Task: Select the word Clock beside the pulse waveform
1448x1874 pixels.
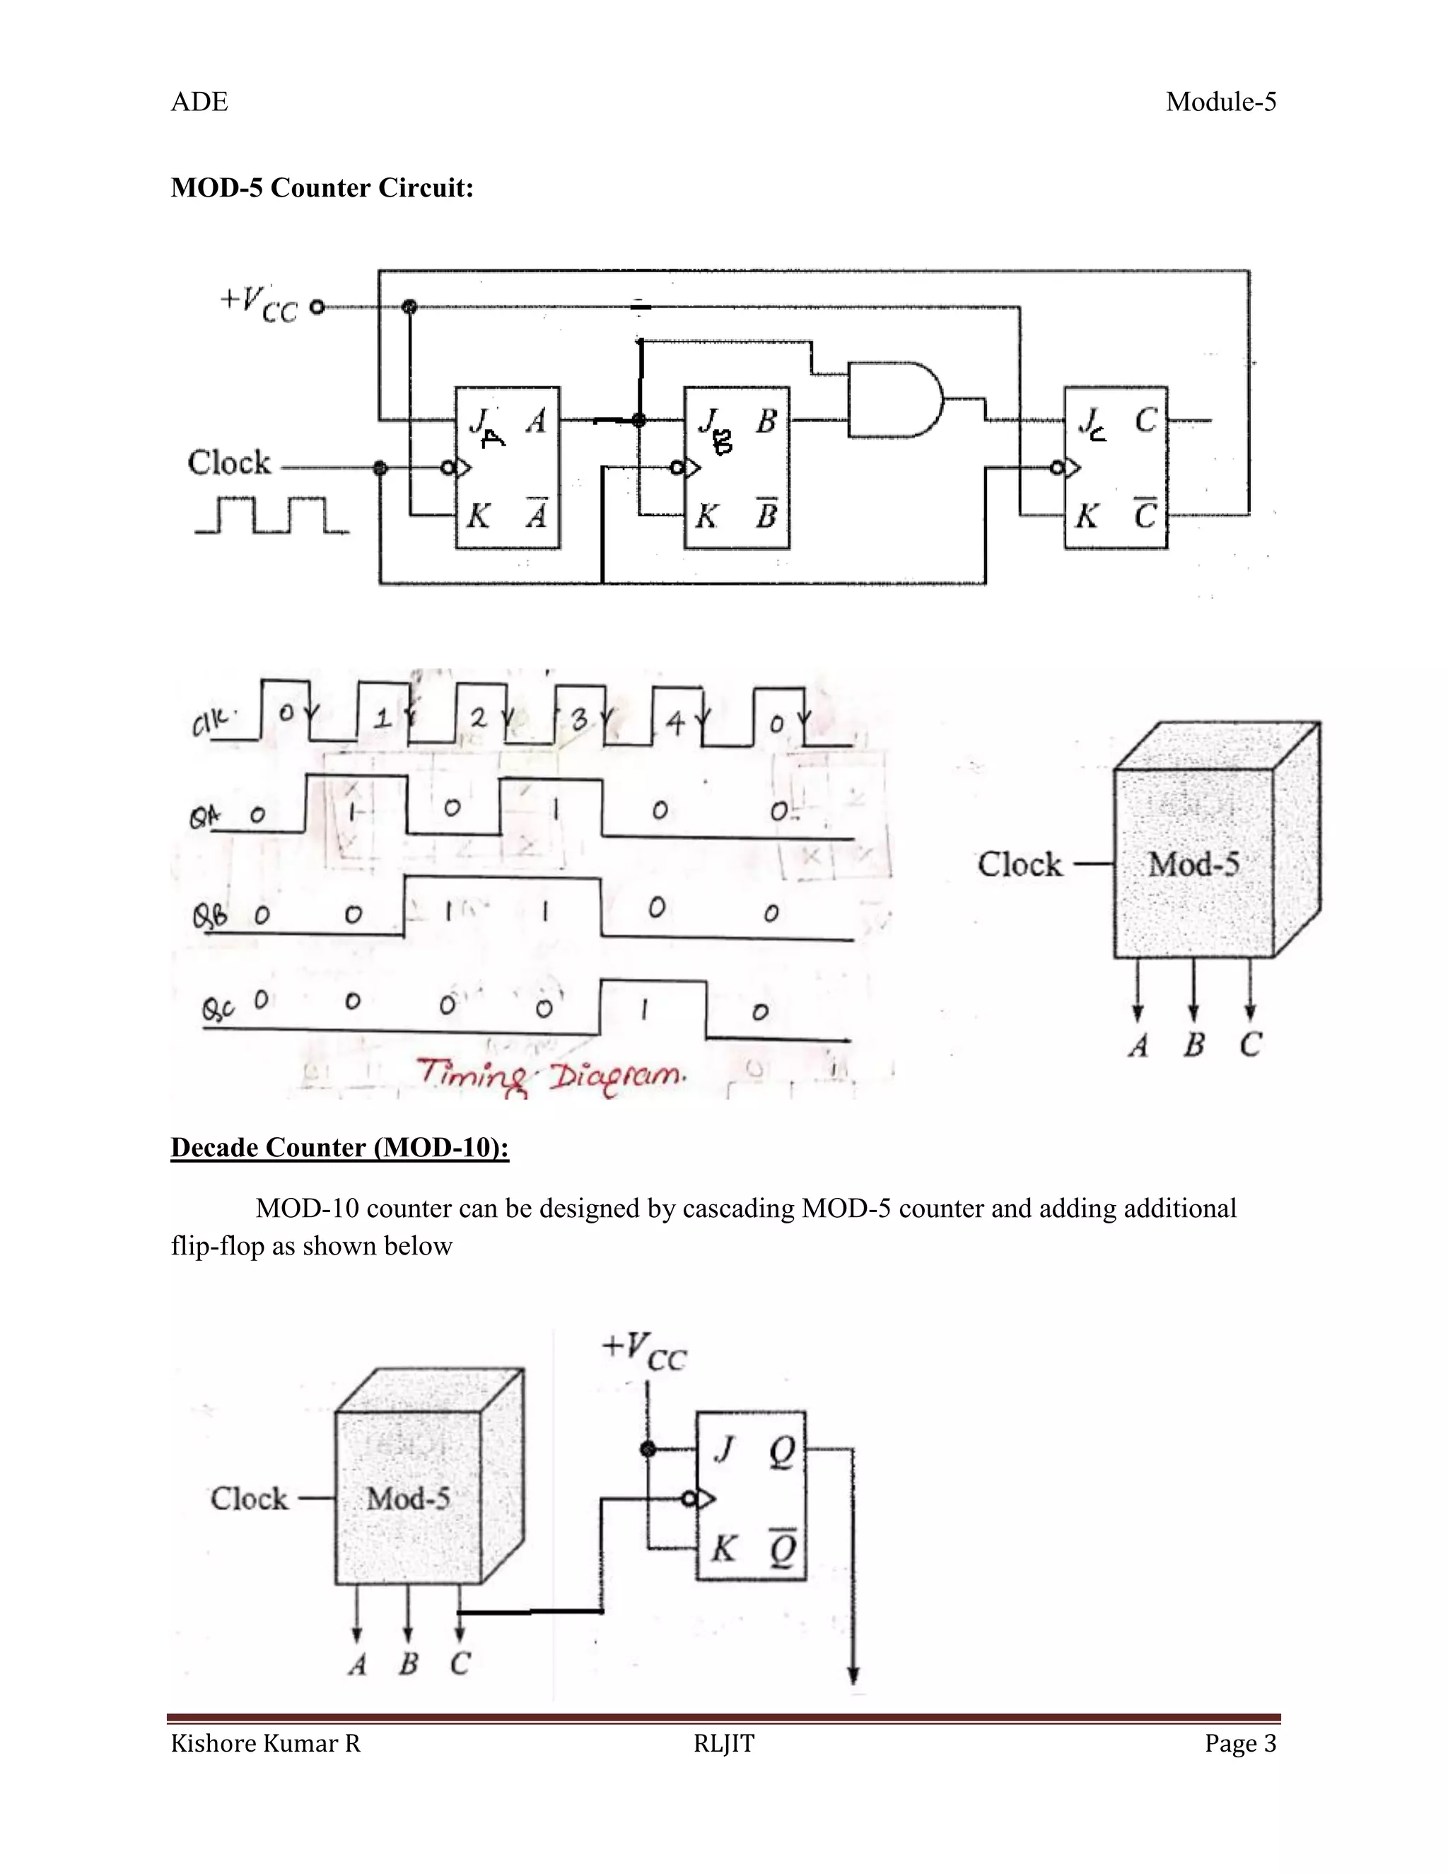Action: (x=229, y=463)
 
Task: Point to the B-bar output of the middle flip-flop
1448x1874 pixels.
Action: (x=766, y=515)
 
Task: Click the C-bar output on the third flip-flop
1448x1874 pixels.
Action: (x=1145, y=515)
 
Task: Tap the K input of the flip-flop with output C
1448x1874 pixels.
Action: (x=1086, y=516)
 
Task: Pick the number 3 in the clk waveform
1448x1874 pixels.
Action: (x=580, y=719)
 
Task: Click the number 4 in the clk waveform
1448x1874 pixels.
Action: (x=676, y=723)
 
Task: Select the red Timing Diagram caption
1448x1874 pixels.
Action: (x=551, y=1075)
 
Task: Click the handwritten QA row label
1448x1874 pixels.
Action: (x=204, y=817)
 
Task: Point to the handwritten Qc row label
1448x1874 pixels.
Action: (x=218, y=1008)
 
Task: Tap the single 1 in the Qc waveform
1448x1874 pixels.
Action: (x=643, y=1013)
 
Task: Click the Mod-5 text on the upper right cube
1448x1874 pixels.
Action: (x=1193, y=864)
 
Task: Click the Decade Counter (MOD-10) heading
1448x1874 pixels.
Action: (x=339, y=1147)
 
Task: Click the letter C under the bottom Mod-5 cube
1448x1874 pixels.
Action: (x=461, y=1664)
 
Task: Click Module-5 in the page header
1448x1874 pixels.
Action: (x=1220, y=102)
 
